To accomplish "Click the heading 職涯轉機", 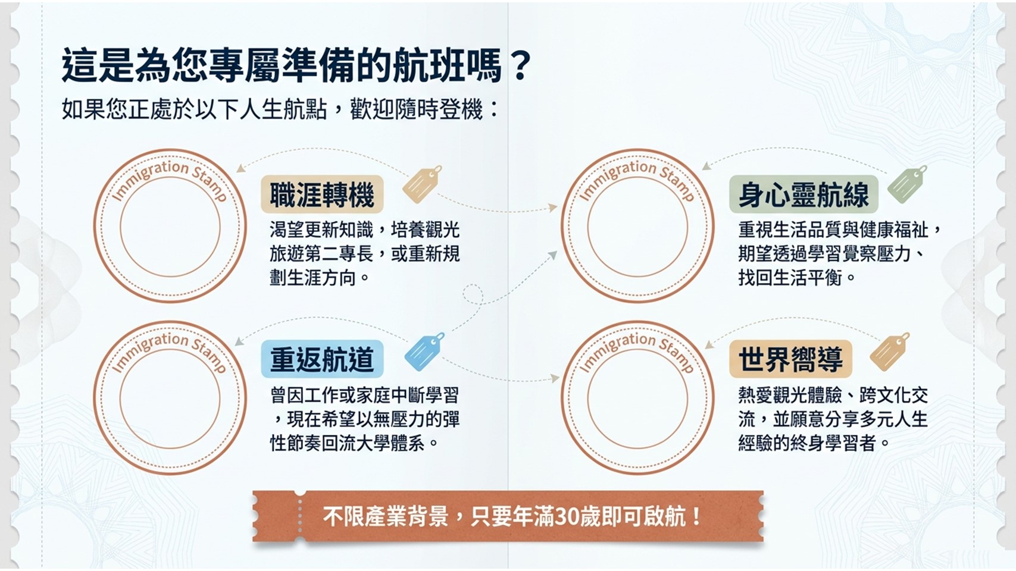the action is (322, 195).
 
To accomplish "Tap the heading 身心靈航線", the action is (804, 195).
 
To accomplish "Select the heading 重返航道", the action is (322, 359).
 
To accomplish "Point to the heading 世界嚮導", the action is (790, 359).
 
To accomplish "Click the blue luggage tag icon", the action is (424, 352).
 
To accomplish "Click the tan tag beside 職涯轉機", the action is (422, 184).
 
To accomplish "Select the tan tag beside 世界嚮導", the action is (889, 352).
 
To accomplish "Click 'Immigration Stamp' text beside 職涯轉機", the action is (171, 179).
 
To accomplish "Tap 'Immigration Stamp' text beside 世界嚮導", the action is (638, 351).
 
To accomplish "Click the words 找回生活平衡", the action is (790, 277).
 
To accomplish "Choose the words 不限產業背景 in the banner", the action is (386, 517).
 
